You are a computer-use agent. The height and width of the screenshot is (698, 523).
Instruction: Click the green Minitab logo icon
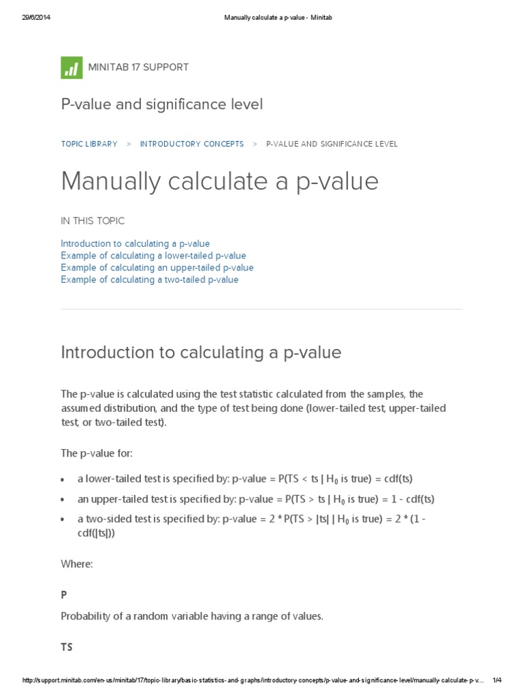[x=71, y=67]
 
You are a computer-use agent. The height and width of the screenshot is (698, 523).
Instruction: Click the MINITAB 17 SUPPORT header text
[x=138, y=67]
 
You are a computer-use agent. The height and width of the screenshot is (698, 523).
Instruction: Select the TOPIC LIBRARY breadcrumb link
[x=89, y=144]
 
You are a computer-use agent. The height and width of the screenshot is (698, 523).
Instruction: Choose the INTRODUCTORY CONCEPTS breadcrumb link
[x=191, y=144]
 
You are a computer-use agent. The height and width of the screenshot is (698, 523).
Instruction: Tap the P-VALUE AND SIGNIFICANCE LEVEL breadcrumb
[x=332, y=144]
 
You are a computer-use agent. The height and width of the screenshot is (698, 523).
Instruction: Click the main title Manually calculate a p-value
[x=219, y=181]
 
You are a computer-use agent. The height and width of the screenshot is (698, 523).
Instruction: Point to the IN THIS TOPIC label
[x=93, y=221]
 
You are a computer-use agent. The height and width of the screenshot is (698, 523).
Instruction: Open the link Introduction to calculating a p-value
[x=135, y=243]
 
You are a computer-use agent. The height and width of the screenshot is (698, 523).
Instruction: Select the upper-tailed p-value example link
[x=157, y=268]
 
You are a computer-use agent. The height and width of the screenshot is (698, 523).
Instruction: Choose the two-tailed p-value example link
[x=149, y=279]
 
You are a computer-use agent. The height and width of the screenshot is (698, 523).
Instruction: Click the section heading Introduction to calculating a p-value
[x=201, y=352]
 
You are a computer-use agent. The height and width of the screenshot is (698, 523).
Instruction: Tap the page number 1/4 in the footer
[x=496, y=680]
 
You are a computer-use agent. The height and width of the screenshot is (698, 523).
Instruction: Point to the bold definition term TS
[x=67, y=648]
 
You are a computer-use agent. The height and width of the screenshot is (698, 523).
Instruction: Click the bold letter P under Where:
[x=64, y=595]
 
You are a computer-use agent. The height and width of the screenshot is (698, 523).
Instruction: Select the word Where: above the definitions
[x=76, y=564]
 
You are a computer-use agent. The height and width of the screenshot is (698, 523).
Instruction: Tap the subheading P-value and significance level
[x=161, y=104]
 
